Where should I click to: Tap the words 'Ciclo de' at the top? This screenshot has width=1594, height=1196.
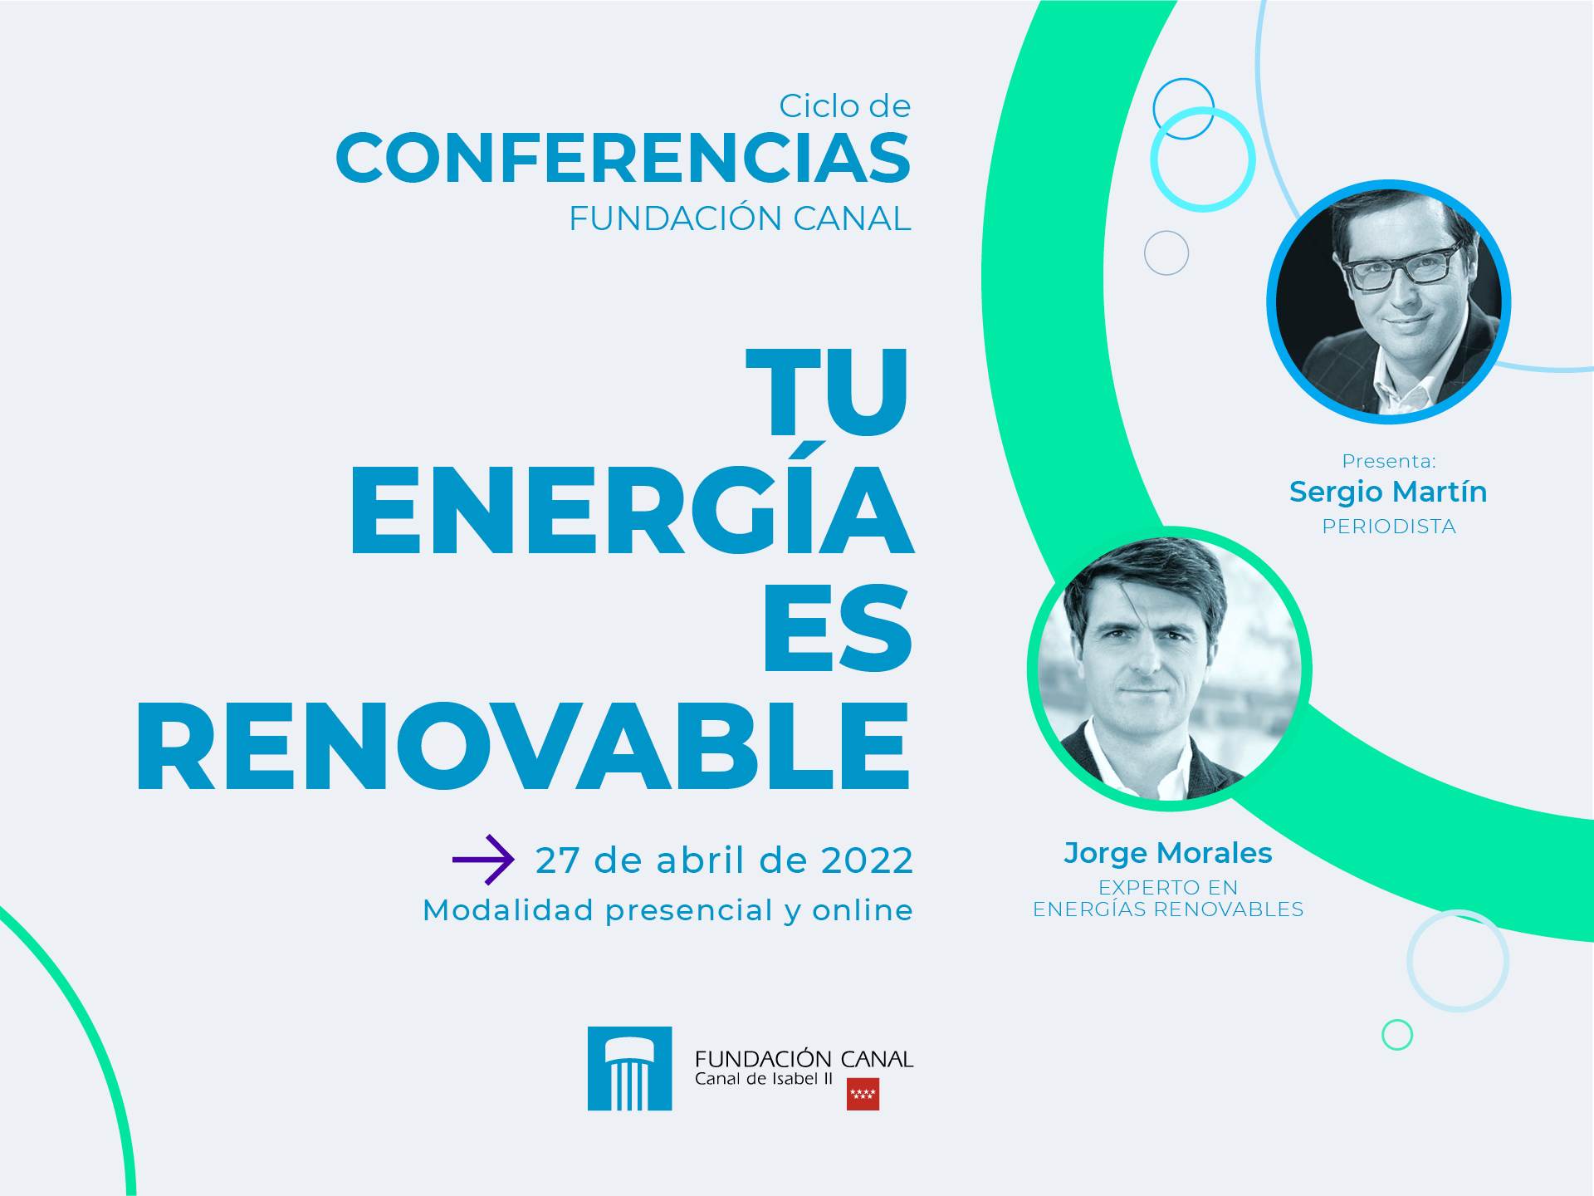845,106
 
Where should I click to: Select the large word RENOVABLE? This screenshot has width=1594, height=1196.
524,745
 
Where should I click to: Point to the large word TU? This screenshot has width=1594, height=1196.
828,390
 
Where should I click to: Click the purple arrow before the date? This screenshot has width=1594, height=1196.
483,860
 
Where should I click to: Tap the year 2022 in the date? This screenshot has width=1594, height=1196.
867,860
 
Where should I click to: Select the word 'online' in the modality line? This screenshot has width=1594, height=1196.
863,910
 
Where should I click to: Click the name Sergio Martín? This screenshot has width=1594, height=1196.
1388,492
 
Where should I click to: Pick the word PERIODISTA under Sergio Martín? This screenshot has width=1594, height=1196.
1389,527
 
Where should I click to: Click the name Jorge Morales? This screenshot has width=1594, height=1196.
1168,853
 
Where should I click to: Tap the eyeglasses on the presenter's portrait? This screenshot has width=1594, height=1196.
1401,266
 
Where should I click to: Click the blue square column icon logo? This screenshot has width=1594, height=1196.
629,1068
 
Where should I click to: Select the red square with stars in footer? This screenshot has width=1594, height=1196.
863,1094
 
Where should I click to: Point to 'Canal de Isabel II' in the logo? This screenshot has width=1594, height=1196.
764,1079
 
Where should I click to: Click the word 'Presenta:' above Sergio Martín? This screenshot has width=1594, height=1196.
1389,461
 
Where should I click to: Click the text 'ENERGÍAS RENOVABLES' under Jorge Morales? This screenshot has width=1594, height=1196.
1168,909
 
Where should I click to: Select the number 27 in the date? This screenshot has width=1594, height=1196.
557,860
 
